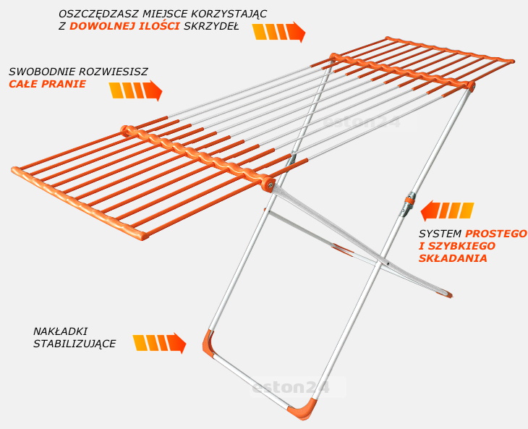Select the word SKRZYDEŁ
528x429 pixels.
211,26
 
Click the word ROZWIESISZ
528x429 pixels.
113,72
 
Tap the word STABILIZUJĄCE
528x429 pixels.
74,344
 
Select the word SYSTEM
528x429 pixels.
440,234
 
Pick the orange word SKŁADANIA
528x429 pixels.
453,258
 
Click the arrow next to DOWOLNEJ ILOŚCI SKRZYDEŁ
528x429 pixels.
278,32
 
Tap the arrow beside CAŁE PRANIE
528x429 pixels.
136,90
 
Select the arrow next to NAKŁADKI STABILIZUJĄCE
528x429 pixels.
159,343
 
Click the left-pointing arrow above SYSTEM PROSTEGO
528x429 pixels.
447,211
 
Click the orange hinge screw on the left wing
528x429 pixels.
269,184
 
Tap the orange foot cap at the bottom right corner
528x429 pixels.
302,409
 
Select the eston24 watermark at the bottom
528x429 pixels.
291,388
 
